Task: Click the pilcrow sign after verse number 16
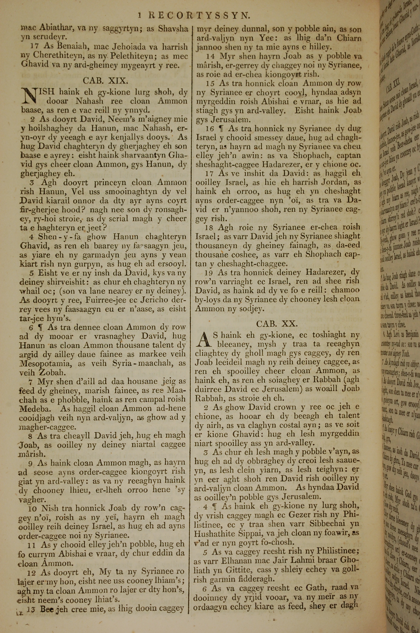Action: [x=221, y=129]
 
